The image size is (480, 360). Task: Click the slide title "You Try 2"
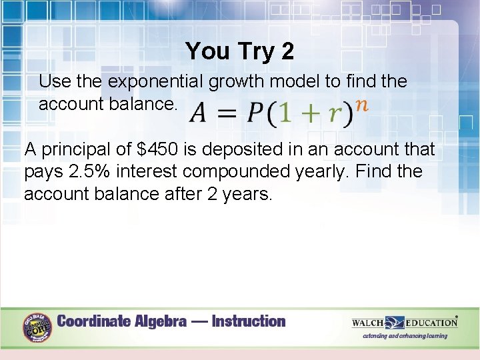click(239, 51)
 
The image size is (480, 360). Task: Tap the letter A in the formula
click(199, 114)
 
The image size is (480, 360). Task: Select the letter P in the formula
click(255, 114)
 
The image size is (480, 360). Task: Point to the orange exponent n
click(362, 105)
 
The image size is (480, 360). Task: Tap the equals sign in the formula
click(227, 114)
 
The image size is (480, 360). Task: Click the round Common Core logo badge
click(38, 327)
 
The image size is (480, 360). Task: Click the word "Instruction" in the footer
click(248, 321)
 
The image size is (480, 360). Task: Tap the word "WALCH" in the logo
click(368, 323)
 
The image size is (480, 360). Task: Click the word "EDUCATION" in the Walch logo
click(431, 323)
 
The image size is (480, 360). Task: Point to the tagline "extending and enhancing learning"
click(405, 336)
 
